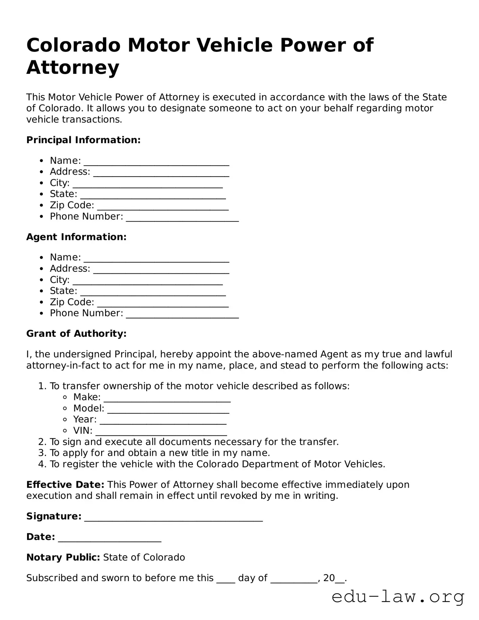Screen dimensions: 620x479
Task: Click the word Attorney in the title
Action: [x=73, y=67]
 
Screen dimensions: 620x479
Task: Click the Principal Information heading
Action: [x=83, y=140]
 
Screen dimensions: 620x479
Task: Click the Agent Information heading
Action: [x=76, y=237]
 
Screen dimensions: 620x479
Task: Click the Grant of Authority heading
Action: [x=76, y=333]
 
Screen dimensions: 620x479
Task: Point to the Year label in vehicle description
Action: [x=85, y=419]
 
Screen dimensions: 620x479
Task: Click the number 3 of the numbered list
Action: [x=42, y=453]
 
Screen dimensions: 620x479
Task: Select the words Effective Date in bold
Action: [x=65, y=485]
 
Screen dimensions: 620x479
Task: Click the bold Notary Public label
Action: [x=63, y=557]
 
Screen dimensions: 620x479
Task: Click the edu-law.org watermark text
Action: [x=398, y=597]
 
